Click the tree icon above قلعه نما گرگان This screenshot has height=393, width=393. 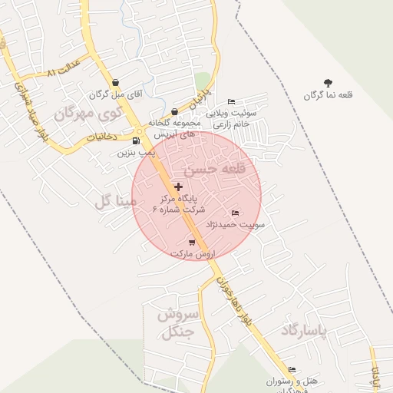pos(329,83)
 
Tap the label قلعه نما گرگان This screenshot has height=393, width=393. pos(329,95)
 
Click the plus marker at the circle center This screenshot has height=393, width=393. pos(179,187)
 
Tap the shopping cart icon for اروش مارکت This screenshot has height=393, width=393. pos(192,243)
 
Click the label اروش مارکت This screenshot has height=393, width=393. pos(193,253)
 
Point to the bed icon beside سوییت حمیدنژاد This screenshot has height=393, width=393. pos(235,213)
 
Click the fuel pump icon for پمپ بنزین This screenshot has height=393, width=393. pos(136,140)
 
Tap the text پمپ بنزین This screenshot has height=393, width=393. pos(136,153)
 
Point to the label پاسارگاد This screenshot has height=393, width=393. pos(303,331)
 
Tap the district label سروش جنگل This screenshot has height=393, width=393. pos(179,323)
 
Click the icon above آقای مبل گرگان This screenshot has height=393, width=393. pos(115,83)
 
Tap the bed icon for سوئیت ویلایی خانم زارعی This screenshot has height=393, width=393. pos(232,102)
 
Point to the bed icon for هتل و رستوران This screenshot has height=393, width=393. pos(292,369)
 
